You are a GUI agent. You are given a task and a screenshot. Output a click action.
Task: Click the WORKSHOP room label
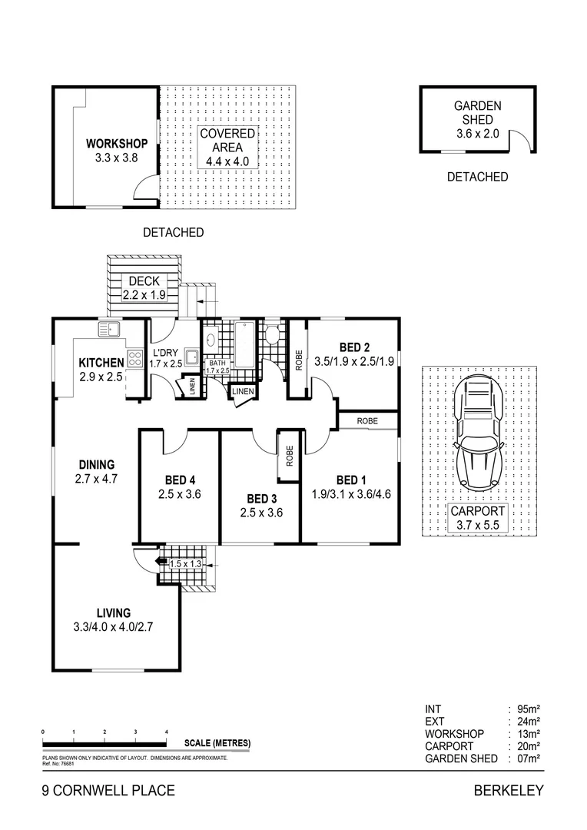pyautogui.click(x=116, y=144)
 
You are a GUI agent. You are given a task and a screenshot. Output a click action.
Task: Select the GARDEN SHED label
pyautogui.click(x=477, y=113)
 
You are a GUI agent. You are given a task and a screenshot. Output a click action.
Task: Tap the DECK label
pyautogui.click(x=144, y=281)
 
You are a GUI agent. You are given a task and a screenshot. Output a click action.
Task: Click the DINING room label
pyautogui.click(x=96, y=464)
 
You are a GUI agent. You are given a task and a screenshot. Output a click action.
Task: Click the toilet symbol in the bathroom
pyautogui.click(x=272, y=335)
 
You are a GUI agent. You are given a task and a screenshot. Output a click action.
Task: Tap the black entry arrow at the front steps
pyautogui.click(x=161, y=563)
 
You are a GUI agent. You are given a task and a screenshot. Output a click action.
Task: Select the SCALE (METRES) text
pyautogui.click(x=217, y=743)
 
